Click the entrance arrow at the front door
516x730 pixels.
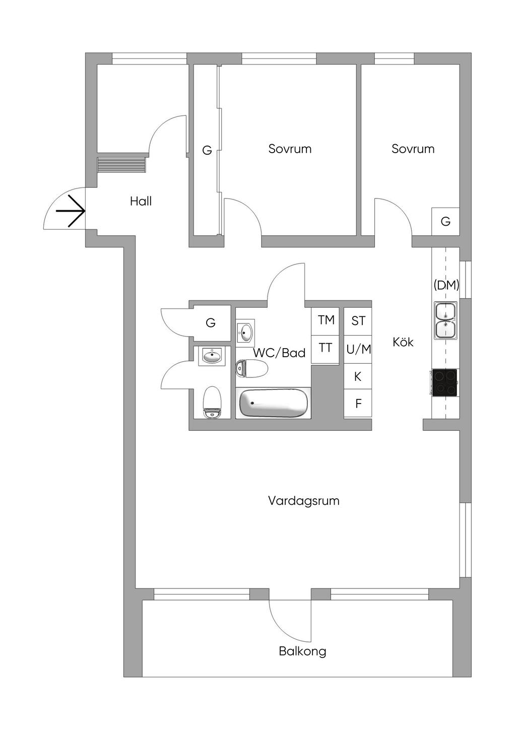71,211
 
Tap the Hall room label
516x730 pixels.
141,202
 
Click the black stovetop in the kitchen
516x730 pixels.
444,382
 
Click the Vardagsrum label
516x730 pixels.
303,501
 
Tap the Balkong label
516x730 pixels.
302,651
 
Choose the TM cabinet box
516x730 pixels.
326,320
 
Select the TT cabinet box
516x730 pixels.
326,348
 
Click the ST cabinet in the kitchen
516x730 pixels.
358,321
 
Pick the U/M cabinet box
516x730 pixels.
358,349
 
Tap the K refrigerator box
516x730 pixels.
358,376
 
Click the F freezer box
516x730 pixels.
358,403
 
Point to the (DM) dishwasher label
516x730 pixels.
446,285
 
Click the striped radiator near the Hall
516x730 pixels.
121,165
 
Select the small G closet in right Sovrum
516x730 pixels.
445,221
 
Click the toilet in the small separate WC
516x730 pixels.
212,402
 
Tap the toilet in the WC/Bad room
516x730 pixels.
251,369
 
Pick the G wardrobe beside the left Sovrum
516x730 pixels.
207,150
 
